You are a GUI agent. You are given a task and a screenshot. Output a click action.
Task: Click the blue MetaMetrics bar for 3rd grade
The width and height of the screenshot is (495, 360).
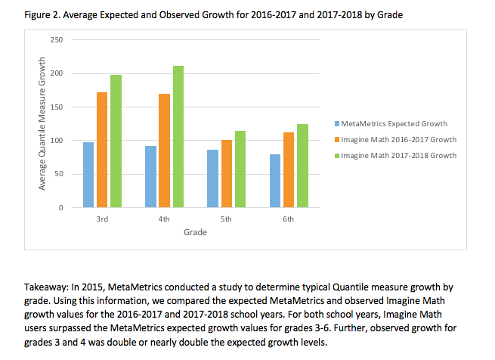[88, 175]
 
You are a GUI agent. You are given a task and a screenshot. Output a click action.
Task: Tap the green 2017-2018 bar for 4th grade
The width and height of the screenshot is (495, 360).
[178, 136]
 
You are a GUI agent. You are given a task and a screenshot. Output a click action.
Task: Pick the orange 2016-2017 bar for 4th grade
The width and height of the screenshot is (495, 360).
[164, 151]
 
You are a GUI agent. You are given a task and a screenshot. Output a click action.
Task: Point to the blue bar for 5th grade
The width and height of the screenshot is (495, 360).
[212, 178]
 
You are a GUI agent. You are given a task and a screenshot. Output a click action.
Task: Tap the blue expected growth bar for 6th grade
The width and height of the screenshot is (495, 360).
[274, 181]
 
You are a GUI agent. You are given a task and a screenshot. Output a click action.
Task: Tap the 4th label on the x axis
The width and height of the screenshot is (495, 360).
[164, 219]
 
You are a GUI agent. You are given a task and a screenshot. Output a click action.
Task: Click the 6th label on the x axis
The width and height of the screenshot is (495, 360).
[288, 219]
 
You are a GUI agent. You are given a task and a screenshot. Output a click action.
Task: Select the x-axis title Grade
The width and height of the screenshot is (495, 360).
[195, 232]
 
